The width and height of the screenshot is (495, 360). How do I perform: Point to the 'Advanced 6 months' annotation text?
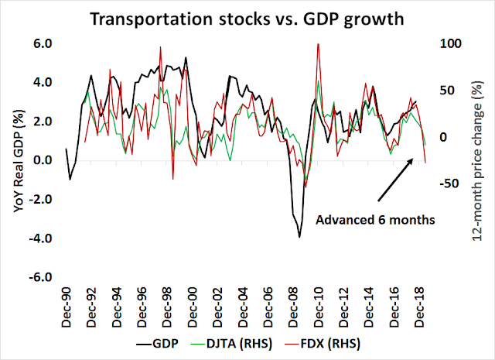[376, 220]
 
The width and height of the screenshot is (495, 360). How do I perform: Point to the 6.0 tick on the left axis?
[42, 44]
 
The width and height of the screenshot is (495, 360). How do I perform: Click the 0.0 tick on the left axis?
[42, 160]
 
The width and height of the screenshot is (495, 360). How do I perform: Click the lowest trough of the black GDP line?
[299, 236]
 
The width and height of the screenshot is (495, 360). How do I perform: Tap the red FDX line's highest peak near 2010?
[318, 44]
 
